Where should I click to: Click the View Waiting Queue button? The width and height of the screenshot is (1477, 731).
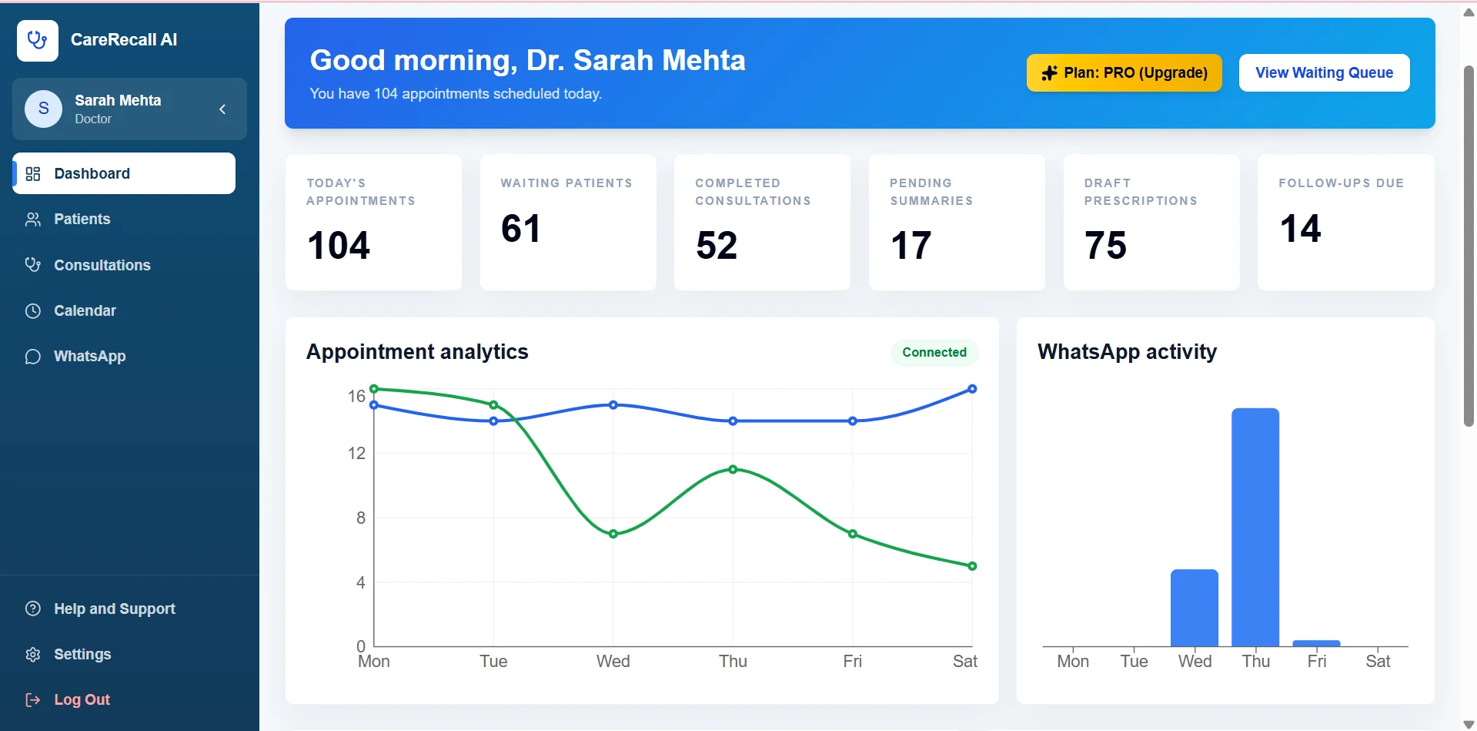(1324, 72)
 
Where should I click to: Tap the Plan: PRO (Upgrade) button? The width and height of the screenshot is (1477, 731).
(1124, 72)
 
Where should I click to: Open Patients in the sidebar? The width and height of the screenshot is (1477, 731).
(82, 220)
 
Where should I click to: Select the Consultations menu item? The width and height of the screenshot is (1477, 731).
(102, 265)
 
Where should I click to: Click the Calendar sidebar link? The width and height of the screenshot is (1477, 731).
(85, 310)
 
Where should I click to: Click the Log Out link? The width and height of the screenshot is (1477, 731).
(82, 699)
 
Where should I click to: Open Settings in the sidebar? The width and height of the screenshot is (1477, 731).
(82, 654)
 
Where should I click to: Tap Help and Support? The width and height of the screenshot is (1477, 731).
(114, 609)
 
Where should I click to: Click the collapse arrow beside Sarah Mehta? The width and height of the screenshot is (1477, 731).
(222, 109)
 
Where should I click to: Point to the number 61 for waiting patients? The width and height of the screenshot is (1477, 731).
(521, 229)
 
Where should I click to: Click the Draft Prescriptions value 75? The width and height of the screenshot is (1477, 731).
(1105, 246)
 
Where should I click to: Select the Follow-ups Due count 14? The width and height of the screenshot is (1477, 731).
(1300, 229)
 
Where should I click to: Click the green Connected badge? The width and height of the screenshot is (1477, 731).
(934, 352)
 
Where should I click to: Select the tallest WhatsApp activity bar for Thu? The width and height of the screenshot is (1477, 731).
(1255, 527)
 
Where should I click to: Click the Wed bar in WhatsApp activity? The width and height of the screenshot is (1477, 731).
(1195, 608)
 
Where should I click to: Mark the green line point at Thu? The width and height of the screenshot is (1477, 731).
(733, 469)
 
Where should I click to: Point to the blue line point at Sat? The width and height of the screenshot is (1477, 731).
(972, 389)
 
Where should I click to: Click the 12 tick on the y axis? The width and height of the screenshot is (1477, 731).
(356, 453)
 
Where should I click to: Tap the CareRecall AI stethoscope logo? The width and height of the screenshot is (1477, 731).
(38, 40)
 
